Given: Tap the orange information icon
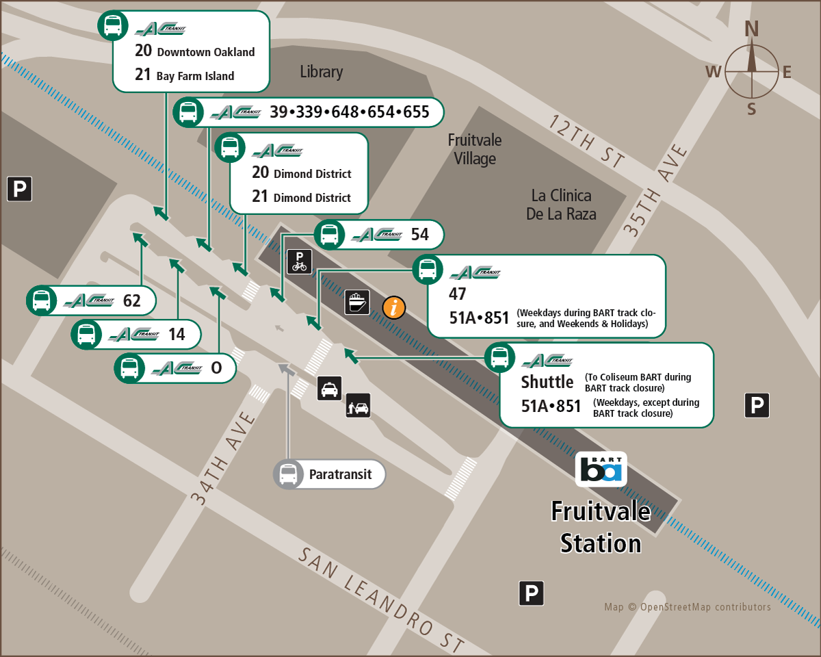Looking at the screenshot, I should tap(394, 307).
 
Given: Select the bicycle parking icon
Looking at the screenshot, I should tap(299, 261).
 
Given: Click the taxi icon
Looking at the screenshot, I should tap(329, 389).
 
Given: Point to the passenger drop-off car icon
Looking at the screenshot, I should tap(358, 406).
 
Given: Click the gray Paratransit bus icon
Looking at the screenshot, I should tap(288, 474).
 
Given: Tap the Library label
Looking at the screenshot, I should tap(321, 72).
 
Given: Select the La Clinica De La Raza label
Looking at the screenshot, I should tap(561, 205).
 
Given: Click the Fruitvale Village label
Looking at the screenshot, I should tap(475, 149).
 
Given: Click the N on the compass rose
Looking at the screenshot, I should tap(751, 29).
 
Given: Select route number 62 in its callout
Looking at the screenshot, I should tap(131, 300).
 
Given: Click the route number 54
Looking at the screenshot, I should tap(419, 235).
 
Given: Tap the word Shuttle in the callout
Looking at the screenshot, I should tap(547, 381).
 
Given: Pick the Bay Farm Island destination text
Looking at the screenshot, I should tap(195, 76).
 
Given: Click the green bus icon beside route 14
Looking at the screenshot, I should tap(86, 334).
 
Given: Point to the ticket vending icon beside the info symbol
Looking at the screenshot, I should tap(358, 302).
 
